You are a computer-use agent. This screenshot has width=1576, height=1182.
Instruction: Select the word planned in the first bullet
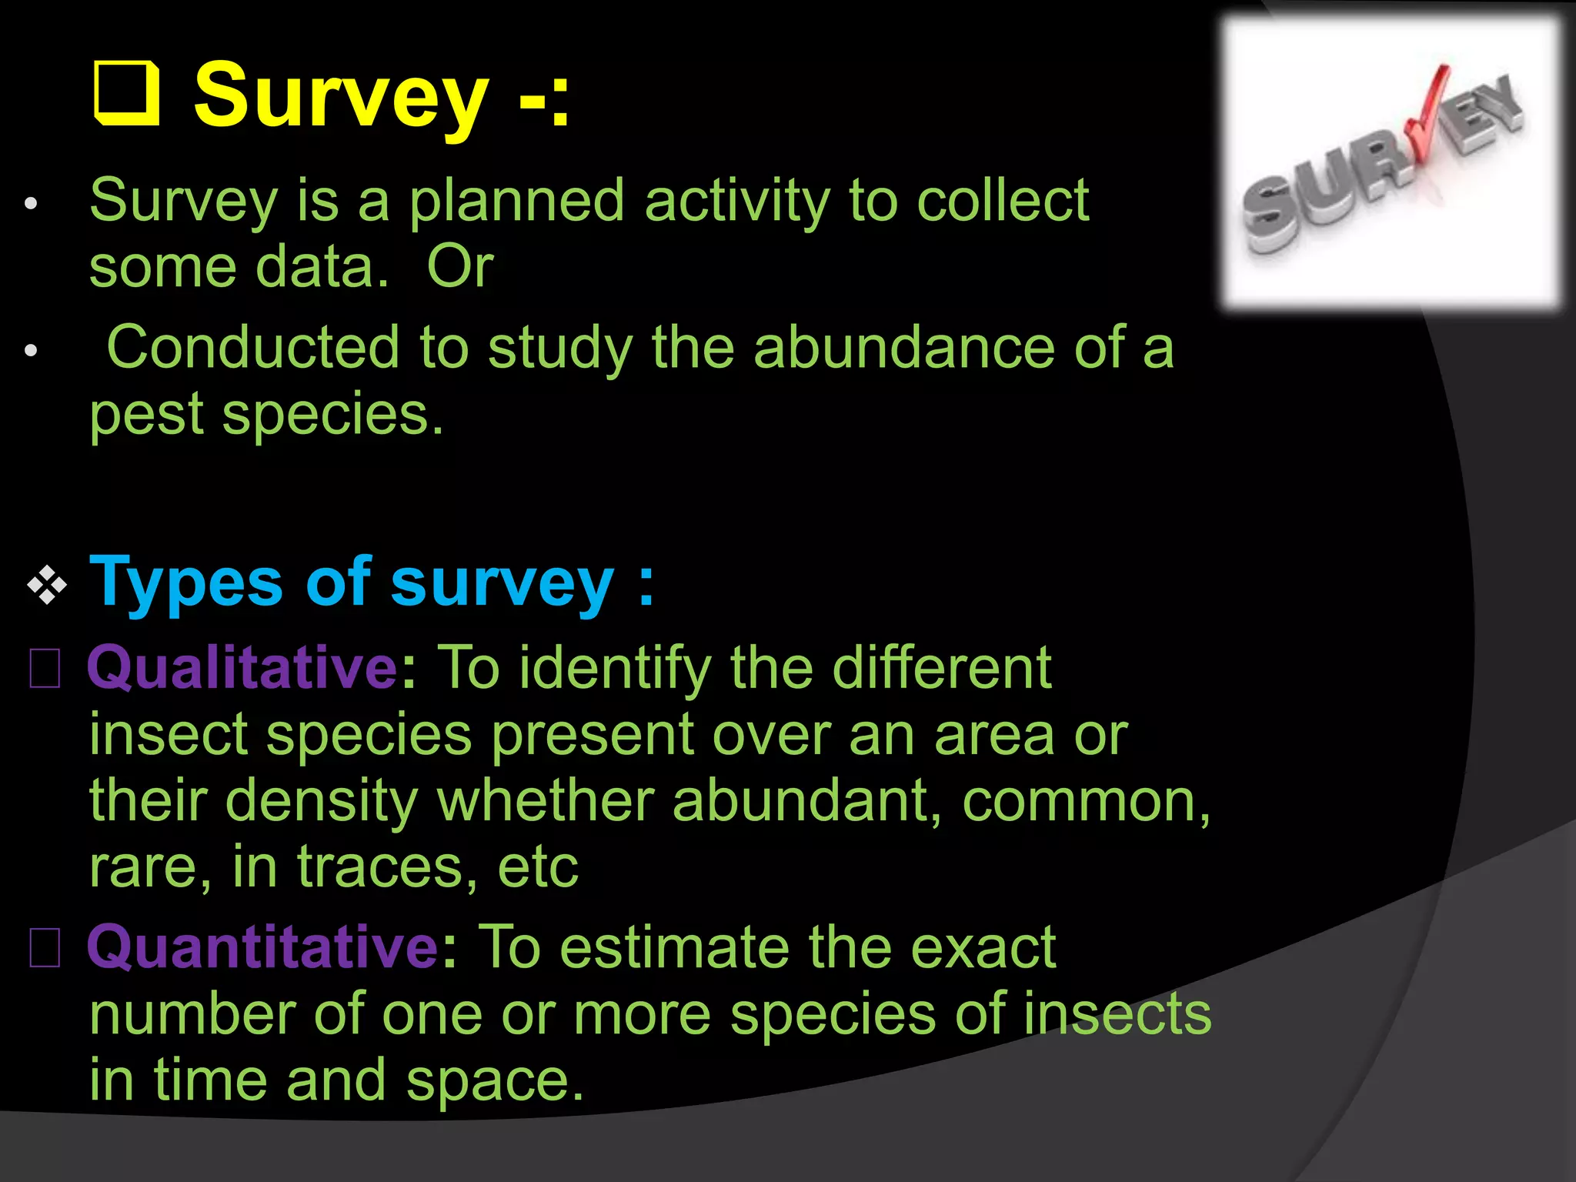pyautogui.click(x=516, y=202)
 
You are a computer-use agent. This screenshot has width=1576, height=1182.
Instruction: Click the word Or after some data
pyautogui.click(x=459, y=267)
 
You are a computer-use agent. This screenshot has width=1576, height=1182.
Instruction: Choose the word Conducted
pyautogui.click(x=252, y=348)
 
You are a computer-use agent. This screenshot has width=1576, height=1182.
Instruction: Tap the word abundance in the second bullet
pyautogui.click(x=903, y=348)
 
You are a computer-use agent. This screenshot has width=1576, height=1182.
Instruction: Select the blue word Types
pyautogui.click(x=186, y=583)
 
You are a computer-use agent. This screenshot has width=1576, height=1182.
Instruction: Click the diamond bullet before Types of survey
pyautogui.click(x=47, y=586)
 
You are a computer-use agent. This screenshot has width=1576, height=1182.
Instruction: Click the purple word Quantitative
pyautogui.click(x=262, y=947)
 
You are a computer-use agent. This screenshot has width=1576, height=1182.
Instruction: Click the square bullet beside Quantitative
pyautogui.click(x=45, y=948)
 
